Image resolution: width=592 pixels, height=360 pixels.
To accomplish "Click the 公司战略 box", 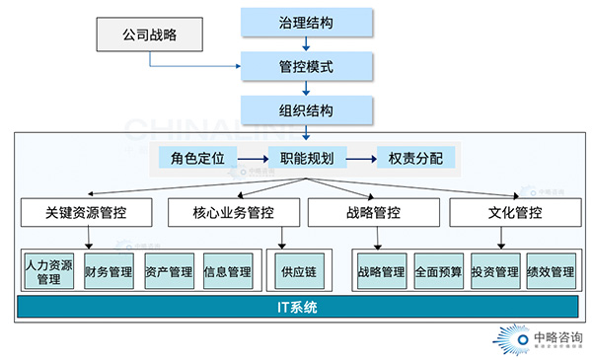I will [x=149, y=36].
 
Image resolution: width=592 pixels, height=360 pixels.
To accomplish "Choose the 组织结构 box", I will [x=307, y=109].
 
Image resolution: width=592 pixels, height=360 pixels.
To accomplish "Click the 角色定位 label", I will [x=197, y=157].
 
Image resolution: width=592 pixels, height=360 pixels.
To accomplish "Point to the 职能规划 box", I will [x=307, y=157].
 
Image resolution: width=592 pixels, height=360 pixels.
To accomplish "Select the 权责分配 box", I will [x=415, y=157].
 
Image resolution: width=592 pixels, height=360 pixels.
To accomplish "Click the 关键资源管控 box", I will [x=86, y=212].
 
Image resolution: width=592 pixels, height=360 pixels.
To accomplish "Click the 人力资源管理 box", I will [x=49, y=271].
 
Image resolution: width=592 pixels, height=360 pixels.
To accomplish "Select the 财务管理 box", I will [x=109, y=271].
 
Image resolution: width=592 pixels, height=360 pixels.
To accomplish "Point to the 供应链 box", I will [x=296, y=271].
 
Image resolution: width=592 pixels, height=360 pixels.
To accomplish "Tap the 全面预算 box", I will [x=438, y=271].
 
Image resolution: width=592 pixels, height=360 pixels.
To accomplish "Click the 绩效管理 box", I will [x=551, y=271].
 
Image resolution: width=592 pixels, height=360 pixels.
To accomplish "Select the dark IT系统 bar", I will [x=296, y=308].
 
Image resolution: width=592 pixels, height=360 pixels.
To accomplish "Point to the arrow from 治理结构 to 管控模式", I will [x=307, y=43].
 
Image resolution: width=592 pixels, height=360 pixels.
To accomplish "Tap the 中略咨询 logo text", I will [x=556, y=336].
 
